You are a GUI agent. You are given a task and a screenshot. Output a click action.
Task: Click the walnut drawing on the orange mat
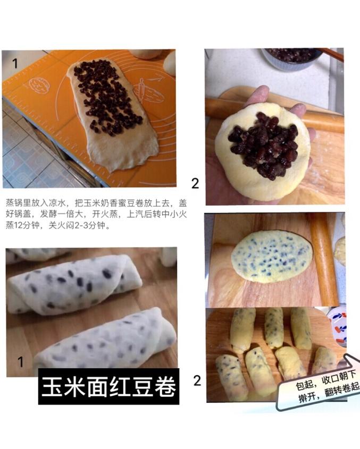39,86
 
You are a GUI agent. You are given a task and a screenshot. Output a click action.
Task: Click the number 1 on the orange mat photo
15,64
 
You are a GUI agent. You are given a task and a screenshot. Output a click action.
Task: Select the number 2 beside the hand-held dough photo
195,183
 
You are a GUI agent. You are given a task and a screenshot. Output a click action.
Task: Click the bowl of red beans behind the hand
292,58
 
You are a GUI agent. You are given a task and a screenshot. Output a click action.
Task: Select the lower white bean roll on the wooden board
106,341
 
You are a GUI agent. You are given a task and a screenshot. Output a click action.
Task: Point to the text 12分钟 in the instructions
27,225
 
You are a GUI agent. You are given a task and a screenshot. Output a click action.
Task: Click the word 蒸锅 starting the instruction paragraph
14,204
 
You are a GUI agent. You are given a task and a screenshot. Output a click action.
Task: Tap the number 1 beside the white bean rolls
20,362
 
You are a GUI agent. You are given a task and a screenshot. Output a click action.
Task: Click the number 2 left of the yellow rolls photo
197,381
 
